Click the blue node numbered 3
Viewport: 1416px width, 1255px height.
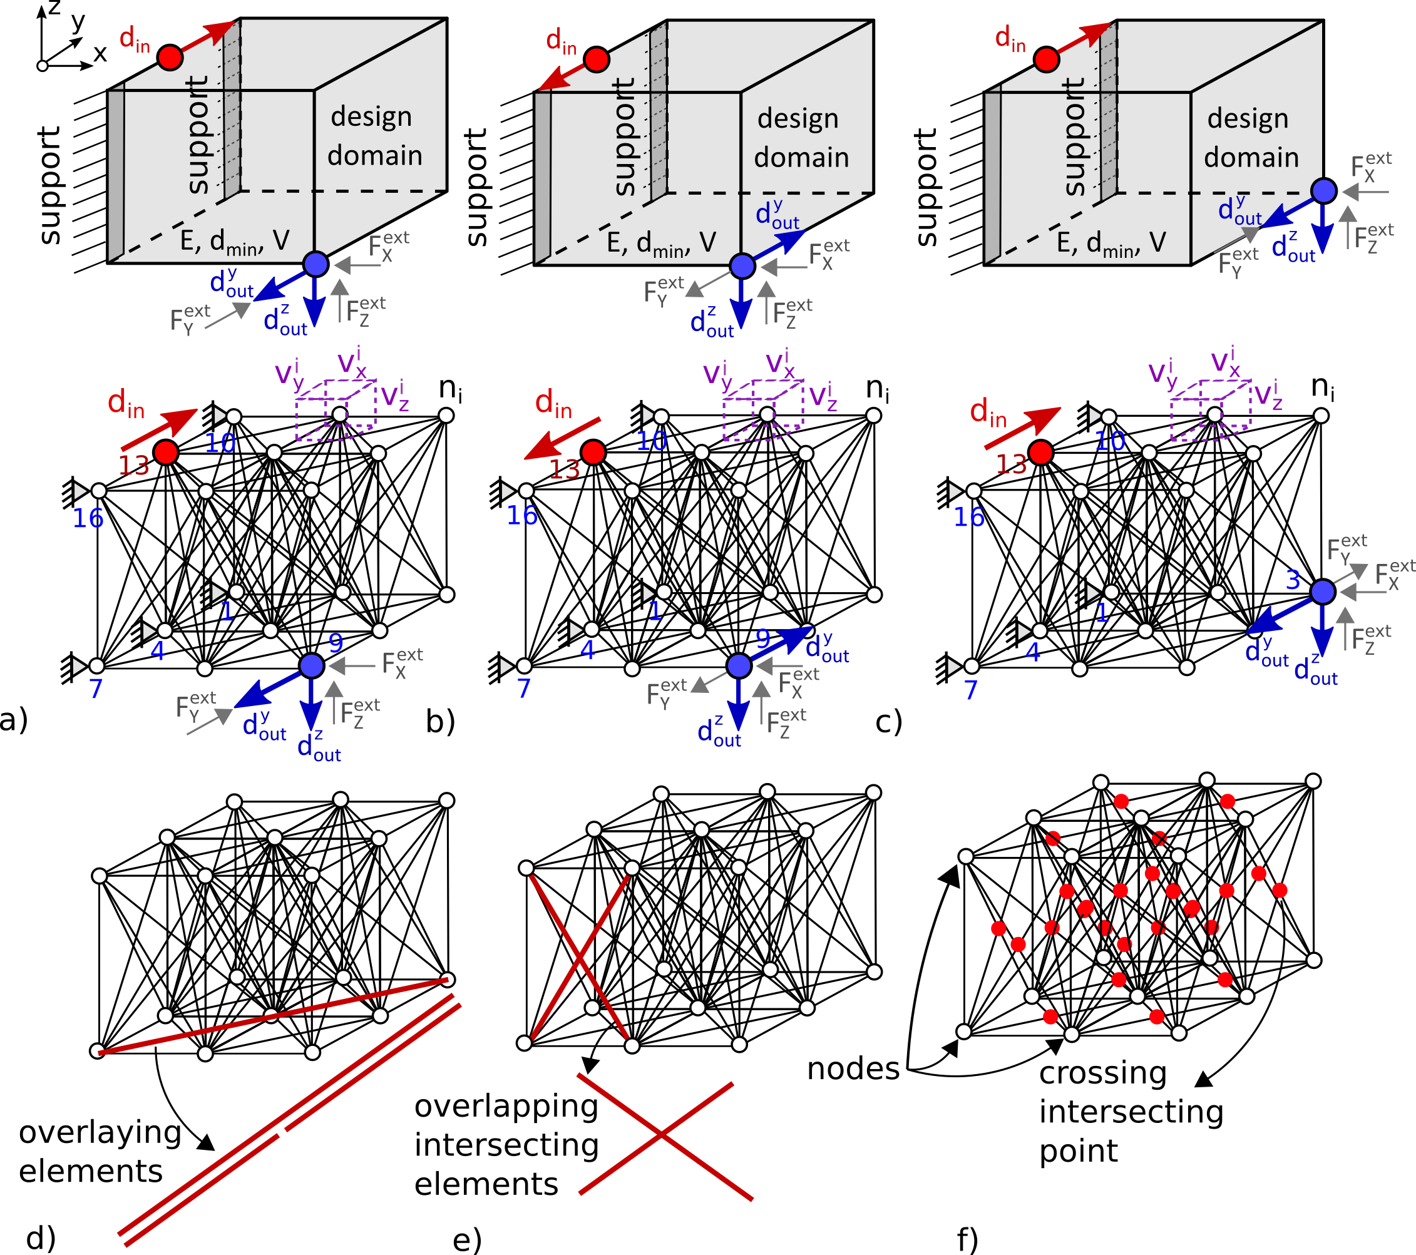point(1323,592)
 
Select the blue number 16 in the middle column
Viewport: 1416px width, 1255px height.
point(521,516)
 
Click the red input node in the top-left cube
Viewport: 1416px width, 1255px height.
point(170,58)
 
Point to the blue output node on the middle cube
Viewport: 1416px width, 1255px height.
point(742,265)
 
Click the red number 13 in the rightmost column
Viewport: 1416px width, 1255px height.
point(1011,464)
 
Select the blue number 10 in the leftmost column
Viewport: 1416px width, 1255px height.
point(220,443)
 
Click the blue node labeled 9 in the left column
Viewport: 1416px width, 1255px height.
point(312,665)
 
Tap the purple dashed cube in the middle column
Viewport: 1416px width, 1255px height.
point(762,411)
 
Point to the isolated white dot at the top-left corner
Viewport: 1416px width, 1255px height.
point(43,66)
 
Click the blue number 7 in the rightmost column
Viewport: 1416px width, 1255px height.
point(970,690)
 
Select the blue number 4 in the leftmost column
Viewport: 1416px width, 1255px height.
point(158,651)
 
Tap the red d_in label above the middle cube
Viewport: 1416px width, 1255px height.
point(560,41)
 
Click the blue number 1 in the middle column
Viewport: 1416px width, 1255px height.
point(655,612)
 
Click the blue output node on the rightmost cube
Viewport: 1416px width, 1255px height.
point(1323,190)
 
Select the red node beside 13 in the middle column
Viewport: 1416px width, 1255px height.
point(593,453)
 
